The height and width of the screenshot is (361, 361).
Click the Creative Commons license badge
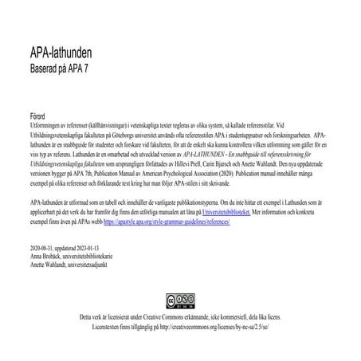click(x=179, y=303)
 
